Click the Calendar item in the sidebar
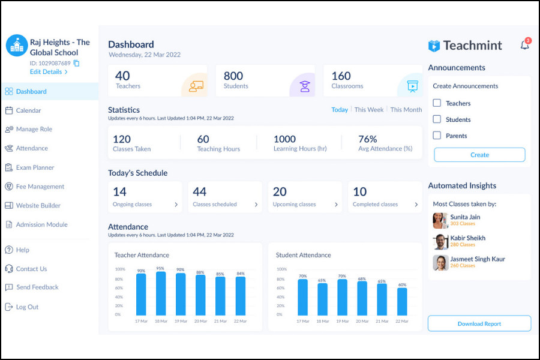tap(28, 110)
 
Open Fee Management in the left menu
tap(40, 187)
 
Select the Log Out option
tap(27, 307)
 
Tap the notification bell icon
tap(524, 45)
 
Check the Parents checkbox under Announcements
tap(437, 136)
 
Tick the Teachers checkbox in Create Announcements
tap(437, 103)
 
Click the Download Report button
tap(479, 323)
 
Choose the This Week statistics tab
tap(368, 110)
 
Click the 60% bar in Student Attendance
tap(402, 301)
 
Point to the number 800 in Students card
tap(233, 76)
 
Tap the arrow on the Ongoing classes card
tap(176, 205)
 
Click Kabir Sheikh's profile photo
tap(440, 241)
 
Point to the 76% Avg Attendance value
tap(367, 139)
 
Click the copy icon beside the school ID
tap(76, 63)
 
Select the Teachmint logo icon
tap(434, 46)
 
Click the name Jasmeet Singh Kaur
tap(478, 259)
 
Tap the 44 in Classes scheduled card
tap(200, 192)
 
